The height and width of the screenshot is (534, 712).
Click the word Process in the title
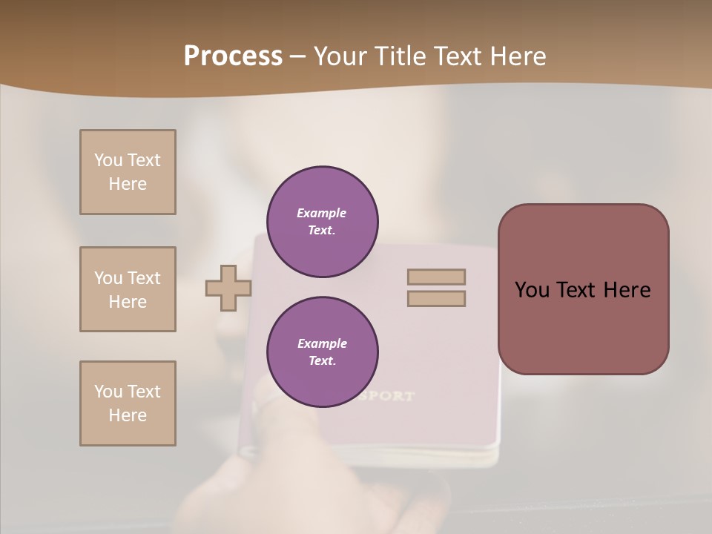[x=233, y=56]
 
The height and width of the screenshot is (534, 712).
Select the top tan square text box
[x=128, y=172]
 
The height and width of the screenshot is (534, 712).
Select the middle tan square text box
[x=128, y=289]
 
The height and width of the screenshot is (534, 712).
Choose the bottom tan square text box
[x=128, y=403]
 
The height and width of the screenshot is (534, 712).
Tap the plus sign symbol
[x=228, y=289]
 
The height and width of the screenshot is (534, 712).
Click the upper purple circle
[x=323, y=222]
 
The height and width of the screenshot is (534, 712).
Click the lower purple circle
[x=323, y=352]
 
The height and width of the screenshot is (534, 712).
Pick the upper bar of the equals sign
[x=436, y=277]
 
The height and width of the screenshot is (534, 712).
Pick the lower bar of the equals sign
[x=436, y=299]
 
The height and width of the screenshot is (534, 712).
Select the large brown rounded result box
[x=583, y=289]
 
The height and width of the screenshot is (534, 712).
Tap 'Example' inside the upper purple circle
[x=322, y=214]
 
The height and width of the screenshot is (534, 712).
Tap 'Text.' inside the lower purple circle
[x=322, y=361]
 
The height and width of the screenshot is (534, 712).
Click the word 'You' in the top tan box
[x=108, y=160]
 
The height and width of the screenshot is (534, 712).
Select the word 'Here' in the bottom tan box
[x=128, y=415]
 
